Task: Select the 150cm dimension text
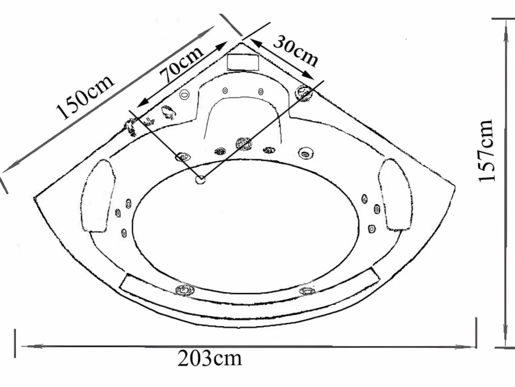point(85,97)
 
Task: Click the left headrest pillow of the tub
point(98,196)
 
